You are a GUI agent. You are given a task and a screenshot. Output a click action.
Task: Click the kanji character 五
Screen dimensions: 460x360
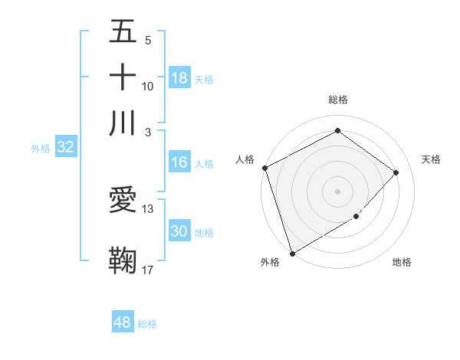(123, 34)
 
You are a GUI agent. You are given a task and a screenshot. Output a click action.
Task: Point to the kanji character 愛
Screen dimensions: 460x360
(123, 201)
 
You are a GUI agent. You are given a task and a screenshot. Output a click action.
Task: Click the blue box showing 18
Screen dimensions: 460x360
(179, 78)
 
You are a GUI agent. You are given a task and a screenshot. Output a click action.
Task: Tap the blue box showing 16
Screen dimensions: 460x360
(179, 162)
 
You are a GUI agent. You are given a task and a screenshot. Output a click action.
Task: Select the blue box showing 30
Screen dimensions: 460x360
(179, 232)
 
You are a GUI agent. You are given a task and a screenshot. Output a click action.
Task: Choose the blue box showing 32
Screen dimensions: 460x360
(65, 148)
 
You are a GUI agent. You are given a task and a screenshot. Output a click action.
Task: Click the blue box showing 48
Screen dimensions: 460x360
(123, 322)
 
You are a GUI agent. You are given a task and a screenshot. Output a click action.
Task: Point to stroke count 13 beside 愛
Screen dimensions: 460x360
(148, 208)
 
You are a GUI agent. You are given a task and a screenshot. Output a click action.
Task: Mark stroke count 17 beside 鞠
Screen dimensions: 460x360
(148, 269)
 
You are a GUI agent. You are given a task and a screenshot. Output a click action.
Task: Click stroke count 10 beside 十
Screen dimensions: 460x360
(148, 86)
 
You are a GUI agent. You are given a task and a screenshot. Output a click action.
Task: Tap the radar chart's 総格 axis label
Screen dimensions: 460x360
(337, 100)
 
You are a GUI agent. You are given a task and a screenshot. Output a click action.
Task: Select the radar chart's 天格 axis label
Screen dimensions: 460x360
(432, 159)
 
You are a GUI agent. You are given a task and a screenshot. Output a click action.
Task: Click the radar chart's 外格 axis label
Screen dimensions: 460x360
(270, 262)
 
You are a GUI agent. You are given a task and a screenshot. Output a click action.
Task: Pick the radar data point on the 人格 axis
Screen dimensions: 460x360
(264, 168)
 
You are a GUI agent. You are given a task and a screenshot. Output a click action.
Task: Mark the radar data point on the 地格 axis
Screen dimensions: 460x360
(356, 217)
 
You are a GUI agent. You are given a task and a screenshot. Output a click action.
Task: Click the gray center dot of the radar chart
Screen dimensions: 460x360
(337, 191)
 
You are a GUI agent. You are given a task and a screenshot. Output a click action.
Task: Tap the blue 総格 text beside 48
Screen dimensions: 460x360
(147, 324)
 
